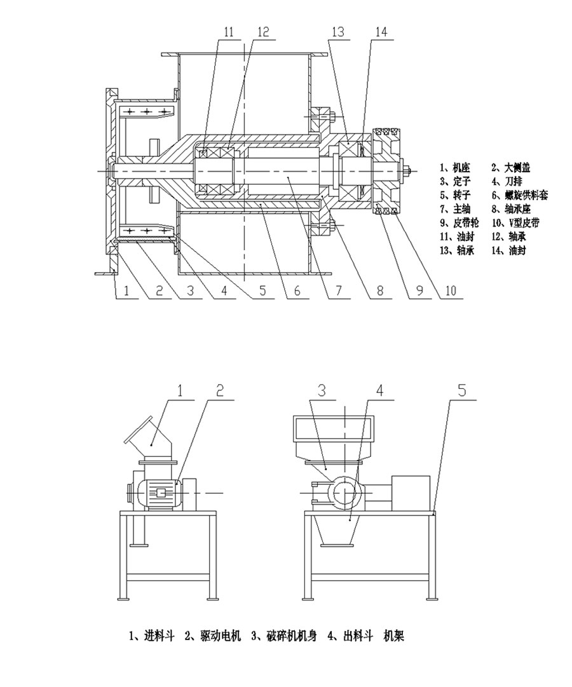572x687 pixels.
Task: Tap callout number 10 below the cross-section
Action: (x=451, y=291)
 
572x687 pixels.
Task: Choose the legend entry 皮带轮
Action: (x=458, y=223)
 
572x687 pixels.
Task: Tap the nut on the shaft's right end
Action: (x=406, y=171)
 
